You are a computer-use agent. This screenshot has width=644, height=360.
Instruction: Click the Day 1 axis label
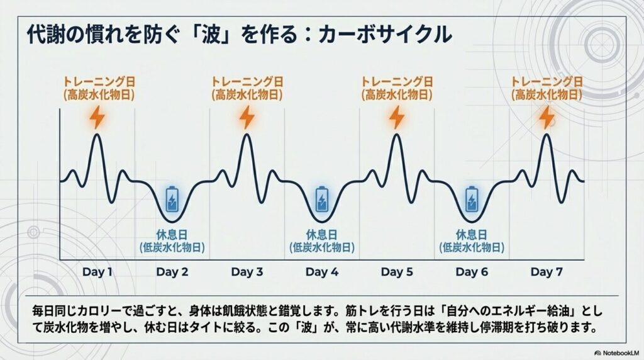point(97,272)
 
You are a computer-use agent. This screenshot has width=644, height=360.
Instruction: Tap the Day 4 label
point(322,272)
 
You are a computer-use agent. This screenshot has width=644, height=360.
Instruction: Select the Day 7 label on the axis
point(547,272)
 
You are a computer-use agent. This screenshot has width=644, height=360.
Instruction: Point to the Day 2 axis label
point(172,272)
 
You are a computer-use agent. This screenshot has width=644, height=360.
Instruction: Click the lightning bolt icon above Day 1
point(97,118)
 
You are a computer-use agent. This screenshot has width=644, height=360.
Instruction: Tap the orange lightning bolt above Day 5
point(397,118)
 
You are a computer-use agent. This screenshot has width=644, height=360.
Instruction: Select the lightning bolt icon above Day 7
point(547,118)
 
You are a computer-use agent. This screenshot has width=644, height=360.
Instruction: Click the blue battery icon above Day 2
point(172,200)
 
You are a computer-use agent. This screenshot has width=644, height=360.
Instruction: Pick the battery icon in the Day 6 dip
point(472,200)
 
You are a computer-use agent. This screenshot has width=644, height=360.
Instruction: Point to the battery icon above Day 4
point(322,200)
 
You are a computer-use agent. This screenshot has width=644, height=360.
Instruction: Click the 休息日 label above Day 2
point(172,235)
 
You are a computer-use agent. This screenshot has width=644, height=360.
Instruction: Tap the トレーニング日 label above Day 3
point(247,81)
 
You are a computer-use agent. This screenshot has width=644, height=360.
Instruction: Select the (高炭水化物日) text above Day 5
point(397,95)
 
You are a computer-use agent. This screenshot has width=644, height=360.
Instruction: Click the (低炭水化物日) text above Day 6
point(472,247)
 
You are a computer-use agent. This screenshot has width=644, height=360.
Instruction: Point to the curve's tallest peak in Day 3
point(247,135)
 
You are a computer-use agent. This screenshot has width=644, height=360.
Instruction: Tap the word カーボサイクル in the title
point(386,35)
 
